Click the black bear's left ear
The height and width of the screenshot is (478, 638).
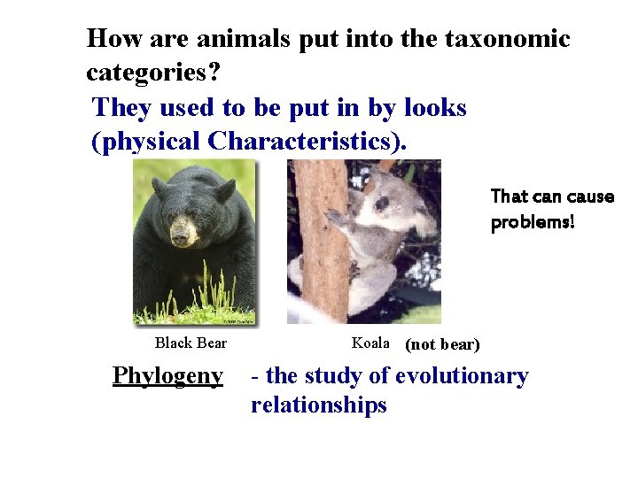(223, 189)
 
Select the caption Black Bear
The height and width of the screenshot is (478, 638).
(191, 343)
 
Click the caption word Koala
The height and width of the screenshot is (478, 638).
(370, 343)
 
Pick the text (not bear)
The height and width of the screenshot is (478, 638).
(442, 344)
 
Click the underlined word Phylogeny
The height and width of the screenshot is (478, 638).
(167, 376)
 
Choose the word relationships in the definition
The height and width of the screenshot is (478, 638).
(319, 405)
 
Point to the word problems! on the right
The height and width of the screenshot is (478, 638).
(533, 221)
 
